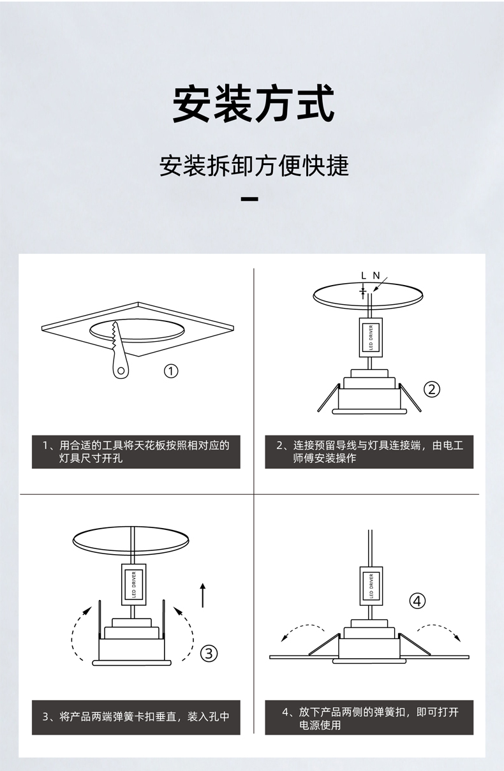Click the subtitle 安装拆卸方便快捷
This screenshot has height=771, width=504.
pos(253,166)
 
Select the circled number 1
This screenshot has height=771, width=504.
pos(170,371)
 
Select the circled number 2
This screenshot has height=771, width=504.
pos(433,389)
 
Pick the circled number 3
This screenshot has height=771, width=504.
pos(209,653)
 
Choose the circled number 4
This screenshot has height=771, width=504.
pos(417,600)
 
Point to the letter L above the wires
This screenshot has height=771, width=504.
pos(363,275)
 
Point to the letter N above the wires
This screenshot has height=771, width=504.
pos(376,275)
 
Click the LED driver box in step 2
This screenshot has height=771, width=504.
pos(371,336)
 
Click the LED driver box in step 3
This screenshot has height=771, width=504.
pos(133,584)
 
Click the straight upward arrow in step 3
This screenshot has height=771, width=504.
pos(202,594)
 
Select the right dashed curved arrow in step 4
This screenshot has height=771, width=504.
pos(438,632)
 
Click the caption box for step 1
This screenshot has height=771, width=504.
pos(136,452)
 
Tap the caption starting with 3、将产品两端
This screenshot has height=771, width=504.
pos(136,717)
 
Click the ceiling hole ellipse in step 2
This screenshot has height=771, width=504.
pos(368,295)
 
